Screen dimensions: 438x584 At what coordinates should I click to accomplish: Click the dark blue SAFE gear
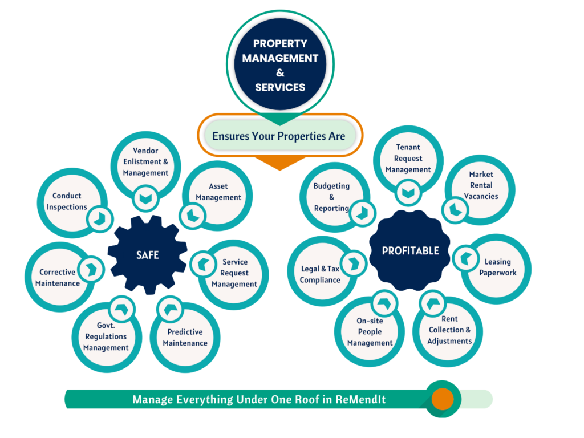(x=147, y=255)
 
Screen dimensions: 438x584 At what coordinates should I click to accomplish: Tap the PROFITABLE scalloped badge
(x=410, y=251)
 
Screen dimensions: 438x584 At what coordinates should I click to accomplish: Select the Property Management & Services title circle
(x=280, y=64)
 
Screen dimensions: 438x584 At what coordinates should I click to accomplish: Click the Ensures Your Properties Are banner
(x=279, y=136)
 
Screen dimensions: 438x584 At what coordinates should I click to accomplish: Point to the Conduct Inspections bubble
(x=67, y=201)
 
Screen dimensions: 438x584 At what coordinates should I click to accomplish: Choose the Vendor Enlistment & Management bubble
(x=145, y=162)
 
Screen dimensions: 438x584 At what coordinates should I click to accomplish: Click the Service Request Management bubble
(x=234, y=273)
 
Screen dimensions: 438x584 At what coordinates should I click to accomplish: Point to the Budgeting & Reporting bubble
(x=331, y=197)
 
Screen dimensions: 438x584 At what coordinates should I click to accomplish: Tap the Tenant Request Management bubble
(x=408, y=159)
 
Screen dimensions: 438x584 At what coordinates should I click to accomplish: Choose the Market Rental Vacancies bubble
(x=481, y=185)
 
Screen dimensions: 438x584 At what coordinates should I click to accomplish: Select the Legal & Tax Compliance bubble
(x=320, y=274)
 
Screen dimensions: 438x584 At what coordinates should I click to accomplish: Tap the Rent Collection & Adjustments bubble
(x=449, y=330)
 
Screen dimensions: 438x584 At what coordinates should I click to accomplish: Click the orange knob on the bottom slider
(x=443, y=399)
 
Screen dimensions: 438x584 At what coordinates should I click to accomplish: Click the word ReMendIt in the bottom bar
(x=360, y=400)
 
